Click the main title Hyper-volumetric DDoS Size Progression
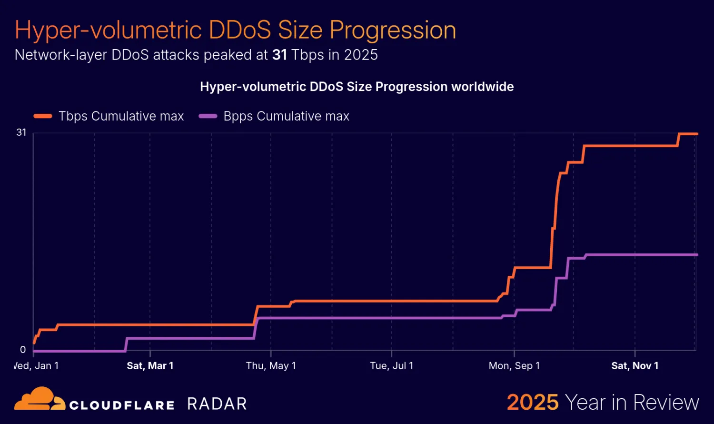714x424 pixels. pyautogui.click(x=235, y=30)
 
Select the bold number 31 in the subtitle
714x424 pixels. pyautogui.click(x=279, y=55)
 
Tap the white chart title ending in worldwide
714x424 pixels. pyautogui.click(x=357, y=87)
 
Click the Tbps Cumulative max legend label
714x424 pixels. pyautogui.click(x=121, y=116)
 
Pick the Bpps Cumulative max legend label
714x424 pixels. pyautogui.click(x=286, y=116)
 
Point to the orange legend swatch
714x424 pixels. pyautogui.click(x=43, y=116)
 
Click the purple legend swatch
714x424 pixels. pyautogui.click(x=208, y=116)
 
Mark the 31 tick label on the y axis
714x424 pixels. pyautogui.click(x=21, y=132)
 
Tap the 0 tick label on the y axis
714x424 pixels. pyautogui.click(x=23, y=350)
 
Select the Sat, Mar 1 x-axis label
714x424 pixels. pyautogui.click(x=150, y=366)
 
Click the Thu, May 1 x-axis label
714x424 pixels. pyautogui.click(x=271, y=366)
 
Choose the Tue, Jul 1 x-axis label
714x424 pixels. pyautogui.click(x=391, y=366)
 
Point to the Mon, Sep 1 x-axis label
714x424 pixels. pyautogui.click(x=514, y=366)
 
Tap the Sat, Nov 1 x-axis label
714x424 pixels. pyautogui.click(x=635, y=366)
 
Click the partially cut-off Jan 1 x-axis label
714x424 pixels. pyautogui.click(x=37, y=366)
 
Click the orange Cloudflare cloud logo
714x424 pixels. pyautogui.click(x=40, y=399)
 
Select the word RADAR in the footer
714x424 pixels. pyautogui.click(x=217, y=404)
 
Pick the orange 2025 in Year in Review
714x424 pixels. pyautogui.click(x=533, y=403)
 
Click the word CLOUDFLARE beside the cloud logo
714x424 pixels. pyautogui.click(x=122, y=405)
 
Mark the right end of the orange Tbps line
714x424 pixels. pyautogui.click(x=696, y=134)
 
